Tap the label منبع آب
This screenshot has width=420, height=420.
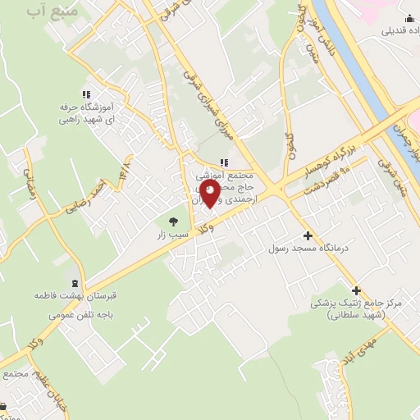pos(53,12)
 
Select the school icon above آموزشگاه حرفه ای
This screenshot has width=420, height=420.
pos(87,94)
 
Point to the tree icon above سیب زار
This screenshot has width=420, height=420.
pos(172,220)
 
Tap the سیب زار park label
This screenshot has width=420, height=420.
pos(173,235)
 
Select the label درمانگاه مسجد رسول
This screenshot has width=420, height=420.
pos(309,248)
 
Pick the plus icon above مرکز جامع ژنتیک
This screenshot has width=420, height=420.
pos(356,290)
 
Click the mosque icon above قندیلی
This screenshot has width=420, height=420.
pos(409,19)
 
